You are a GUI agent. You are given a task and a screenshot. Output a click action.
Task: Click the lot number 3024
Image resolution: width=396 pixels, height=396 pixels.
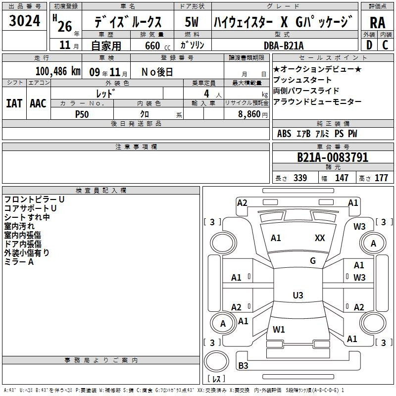pos(24,20)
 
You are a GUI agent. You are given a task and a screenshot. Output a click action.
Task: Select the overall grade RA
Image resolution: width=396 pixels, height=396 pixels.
pos(377,23)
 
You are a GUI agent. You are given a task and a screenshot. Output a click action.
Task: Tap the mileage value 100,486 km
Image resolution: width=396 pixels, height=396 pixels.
pos(58,71)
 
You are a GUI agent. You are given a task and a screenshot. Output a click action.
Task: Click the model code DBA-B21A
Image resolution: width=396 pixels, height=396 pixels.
pos(284,46)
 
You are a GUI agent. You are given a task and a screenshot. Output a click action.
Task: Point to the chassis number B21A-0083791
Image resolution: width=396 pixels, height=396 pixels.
pos(333,157)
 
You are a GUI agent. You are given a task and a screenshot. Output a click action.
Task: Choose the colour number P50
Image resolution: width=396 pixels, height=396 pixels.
pos(82,114)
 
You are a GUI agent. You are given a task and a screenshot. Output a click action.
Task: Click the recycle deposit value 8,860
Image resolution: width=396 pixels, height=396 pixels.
pos(249,114)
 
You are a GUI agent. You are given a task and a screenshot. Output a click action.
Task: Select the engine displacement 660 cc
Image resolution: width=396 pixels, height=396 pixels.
pos(157,46)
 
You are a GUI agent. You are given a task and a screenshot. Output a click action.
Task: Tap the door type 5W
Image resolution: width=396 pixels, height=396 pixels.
pos(192,22)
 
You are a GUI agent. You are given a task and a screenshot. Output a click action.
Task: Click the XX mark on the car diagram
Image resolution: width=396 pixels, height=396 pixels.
pos(320,238)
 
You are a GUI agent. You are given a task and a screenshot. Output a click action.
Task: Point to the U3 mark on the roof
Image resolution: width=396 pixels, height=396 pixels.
pos(298,295)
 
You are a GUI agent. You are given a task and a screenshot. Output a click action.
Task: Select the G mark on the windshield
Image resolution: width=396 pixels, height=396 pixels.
pos(313,261)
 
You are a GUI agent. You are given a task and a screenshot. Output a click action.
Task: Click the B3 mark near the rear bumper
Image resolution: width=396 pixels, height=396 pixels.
pos(243,365)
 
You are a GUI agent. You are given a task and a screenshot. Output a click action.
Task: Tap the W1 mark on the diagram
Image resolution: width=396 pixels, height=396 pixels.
pos(279,329)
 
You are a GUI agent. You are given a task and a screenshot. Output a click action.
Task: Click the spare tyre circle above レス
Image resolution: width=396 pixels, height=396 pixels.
pos(216,361)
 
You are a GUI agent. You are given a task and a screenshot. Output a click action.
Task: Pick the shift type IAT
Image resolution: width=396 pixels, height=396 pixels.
pos(14,103)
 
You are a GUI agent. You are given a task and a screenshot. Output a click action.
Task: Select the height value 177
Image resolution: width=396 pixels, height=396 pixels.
pos(381,178)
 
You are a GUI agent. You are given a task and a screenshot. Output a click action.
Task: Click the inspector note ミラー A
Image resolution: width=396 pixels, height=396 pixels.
pos(19,262)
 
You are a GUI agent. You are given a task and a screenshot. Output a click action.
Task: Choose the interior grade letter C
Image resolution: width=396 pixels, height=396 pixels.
pos(385,45)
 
